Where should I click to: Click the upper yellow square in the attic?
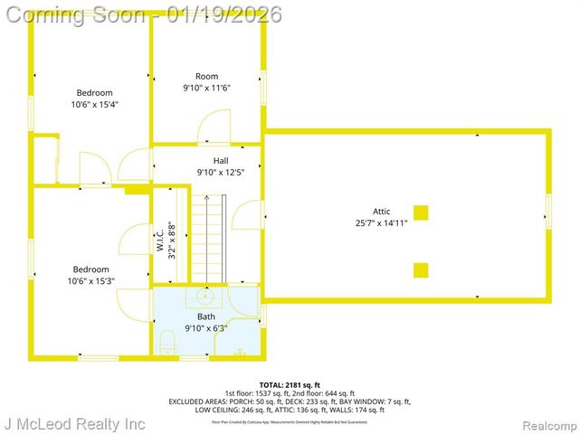[x=421, y=213]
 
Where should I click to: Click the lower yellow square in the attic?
[x=421, y=269]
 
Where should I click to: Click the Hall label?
[x=208, y=161]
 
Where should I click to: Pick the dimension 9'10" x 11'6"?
[x=207, y=88]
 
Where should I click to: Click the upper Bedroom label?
[x=94, y=92]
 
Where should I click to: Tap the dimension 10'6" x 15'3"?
[x=91, y=280]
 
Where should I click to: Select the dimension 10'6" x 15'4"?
[x=94, y=104]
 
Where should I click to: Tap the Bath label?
[x=206, y=316]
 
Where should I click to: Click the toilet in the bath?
[x=166, y=342]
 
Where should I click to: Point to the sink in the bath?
[x=205, y=296]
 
